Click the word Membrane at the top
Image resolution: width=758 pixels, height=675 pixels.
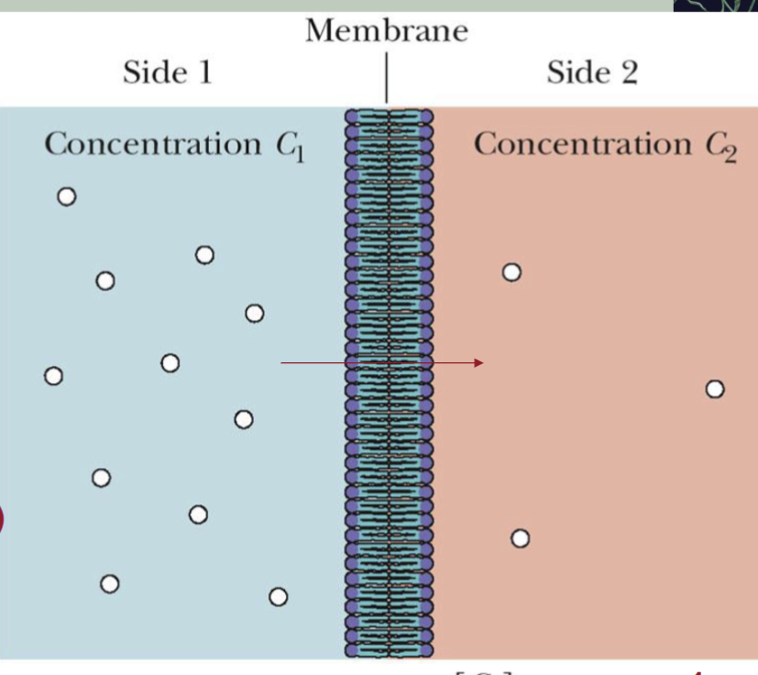(387, 31)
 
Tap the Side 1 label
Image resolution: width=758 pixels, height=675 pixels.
(168, 72)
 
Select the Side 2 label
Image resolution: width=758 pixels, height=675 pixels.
(592, 72)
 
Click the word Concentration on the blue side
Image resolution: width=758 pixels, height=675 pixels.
(153, 144)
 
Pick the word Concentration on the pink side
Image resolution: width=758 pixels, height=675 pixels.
(582, 144)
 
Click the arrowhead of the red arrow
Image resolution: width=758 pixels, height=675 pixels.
(478, 363)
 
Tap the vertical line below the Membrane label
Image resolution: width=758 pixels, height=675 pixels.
(387, 79)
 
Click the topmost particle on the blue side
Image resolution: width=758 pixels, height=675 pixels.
(66, 196)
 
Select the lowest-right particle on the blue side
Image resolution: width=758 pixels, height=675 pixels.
(278, 597)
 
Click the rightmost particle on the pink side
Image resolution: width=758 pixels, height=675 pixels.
(715, 390)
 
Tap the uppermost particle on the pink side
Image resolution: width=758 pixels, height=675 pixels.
(511, 272)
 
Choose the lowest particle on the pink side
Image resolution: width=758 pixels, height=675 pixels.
(520, 538)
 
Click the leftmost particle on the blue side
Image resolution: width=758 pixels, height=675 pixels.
(53, 376)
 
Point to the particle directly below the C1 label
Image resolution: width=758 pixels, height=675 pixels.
(255, 314)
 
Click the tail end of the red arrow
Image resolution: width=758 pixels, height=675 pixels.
(282, 363)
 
